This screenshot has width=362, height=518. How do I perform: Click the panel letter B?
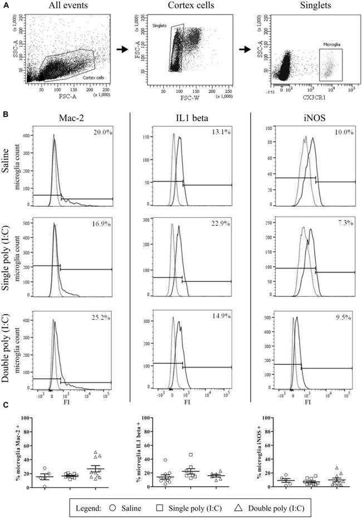click(x=6, y=114)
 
